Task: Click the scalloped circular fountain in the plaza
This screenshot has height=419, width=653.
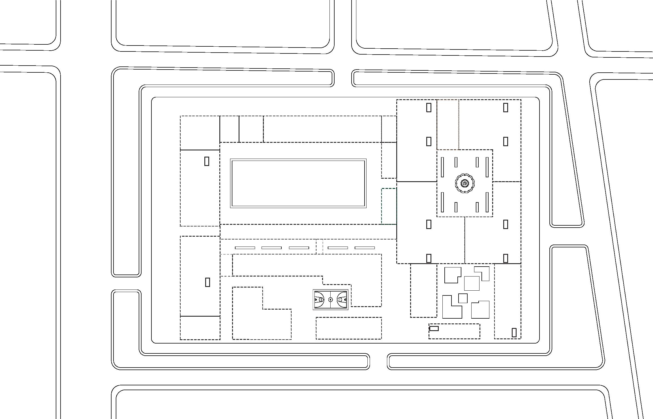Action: coord(464,183)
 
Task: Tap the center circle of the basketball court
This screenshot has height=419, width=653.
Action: coord(330,300)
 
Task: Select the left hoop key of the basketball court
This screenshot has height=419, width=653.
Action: coord(320,300)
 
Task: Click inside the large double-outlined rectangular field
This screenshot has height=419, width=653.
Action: coord(298,183)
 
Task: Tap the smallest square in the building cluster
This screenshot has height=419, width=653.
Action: coord(463,298)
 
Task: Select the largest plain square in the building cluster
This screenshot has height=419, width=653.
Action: coord(472,283)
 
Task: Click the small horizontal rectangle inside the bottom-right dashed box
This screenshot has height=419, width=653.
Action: coord(434,329)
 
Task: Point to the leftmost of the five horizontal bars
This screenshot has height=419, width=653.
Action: coord(245,248)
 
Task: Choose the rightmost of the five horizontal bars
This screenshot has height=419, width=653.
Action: coord(365,248)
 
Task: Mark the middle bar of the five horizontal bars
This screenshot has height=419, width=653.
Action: coord(299,248)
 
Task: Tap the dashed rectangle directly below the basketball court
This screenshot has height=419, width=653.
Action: coord(349,328)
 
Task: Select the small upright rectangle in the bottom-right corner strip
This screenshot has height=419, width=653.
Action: coord(514,332)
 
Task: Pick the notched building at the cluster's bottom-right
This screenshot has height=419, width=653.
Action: coord(480,310)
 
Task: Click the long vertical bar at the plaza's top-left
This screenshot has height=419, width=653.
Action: coord(442,167)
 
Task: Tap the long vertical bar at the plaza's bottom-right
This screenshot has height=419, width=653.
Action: coord(487,202)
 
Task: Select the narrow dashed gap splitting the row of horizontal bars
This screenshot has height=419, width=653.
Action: coord(319,247)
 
